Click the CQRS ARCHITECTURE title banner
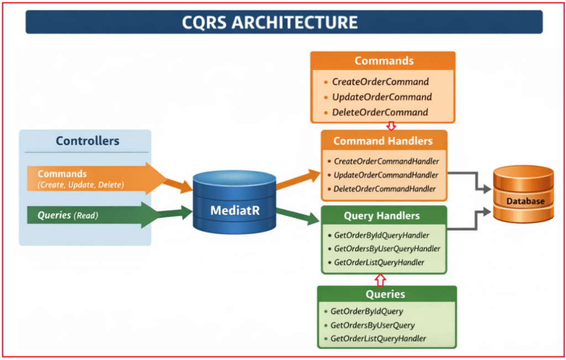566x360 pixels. click(x=283, y=22)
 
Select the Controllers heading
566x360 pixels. click(x=87, y=141)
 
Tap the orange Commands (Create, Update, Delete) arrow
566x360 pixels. click(x=94, y=178)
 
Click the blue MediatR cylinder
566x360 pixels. click(x=234, y=202)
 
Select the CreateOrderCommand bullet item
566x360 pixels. click(x=380, y=82)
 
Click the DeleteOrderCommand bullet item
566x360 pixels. click(x=380, y=112)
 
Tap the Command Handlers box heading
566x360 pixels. click(x=383, y=141)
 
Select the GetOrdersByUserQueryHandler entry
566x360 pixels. click(x=387, y=249)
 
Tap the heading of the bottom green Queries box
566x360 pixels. click(x=385, y=295)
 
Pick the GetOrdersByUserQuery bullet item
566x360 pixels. click(x=372, y=325)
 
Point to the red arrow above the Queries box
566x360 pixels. click(x=380, y=279)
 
